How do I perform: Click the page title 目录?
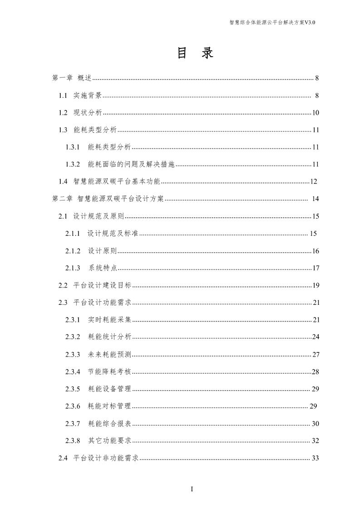(x=194, y=54)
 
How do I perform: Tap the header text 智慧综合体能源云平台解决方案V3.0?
(x=272, y=22)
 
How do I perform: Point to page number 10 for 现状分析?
(x=316, y=113)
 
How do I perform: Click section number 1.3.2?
(x=73, y=164)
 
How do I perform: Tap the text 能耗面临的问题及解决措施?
(x=131, y=164)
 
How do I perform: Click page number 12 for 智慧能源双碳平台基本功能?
(x=313, y=182)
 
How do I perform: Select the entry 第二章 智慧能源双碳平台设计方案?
(x=108, y=199)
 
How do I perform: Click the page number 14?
(x=316, y=199)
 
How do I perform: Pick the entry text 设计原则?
(x=102, y=251)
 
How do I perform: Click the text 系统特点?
(x=103, y=268)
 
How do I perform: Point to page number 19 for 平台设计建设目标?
(x=316, y=285)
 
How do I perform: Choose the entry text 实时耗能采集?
(x=109, y=320)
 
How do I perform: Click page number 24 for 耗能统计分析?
(x=316, y=337)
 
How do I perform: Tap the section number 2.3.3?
(x=73, y=354)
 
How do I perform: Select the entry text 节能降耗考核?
(x=109, y=372)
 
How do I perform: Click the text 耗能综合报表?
(x=109, y=423)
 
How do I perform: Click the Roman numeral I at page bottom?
(x=192, y=489)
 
